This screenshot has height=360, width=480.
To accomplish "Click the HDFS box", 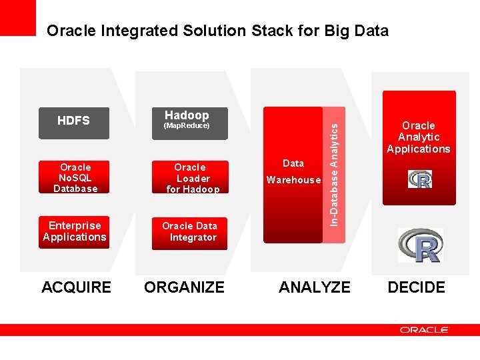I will click(x=73, y=122).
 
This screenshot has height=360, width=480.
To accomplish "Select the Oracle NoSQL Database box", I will click(x=75, y=178).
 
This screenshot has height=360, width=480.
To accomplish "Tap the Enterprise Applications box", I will click(x=74, y=232).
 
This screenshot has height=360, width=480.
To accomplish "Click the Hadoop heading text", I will click(x=187, y=115).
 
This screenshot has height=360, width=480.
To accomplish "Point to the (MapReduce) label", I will click(x=187, y=126).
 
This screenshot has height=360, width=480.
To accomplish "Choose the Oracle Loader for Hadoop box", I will click(x=191, y=178).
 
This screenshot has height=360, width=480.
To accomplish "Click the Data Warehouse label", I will click(x=293, y=172).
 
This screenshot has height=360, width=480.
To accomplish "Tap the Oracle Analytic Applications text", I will click(x=419, y=137).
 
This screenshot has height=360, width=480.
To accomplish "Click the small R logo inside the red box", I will click(x=420, y=179).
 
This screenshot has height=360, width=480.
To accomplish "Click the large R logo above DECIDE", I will click(x=420, y=245).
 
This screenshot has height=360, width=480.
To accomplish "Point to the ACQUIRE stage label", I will click(x=76, y=287).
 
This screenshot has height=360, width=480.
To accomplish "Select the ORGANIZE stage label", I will click(x=185, y=287).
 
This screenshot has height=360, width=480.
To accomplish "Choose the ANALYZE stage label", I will click(x=314, y=287).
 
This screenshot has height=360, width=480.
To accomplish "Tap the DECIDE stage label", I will click(x=416, y=287).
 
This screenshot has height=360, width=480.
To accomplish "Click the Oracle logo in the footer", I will click(x=425, y=329).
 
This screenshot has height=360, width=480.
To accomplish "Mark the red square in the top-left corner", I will click(x=17, y=17).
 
